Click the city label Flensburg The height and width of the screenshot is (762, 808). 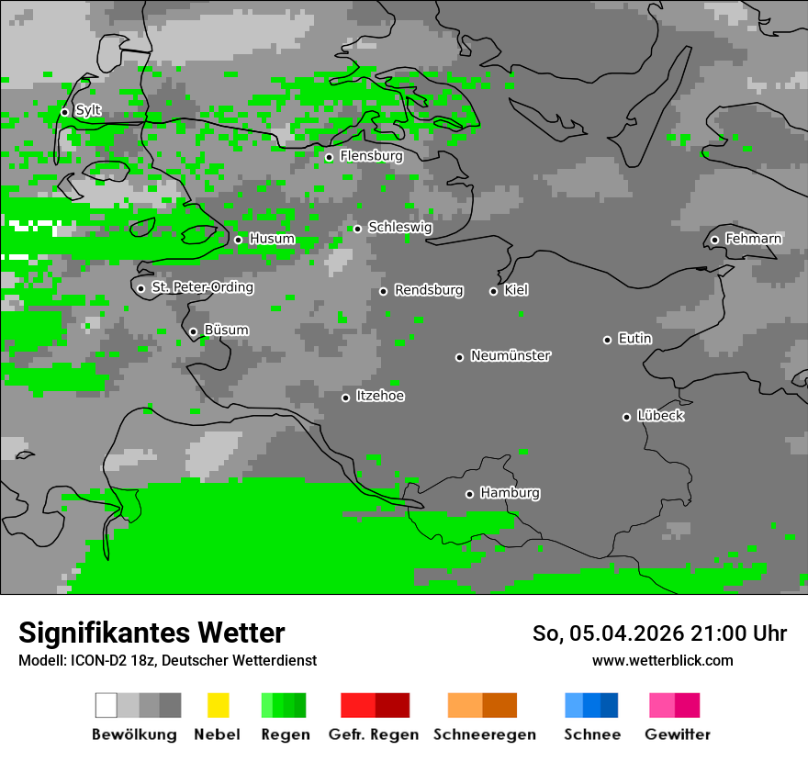tap(371, 156)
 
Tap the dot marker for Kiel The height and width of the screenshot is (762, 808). tap(493, 291)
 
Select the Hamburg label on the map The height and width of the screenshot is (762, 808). tap(510, 493)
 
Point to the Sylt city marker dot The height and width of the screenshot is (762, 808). tap(64, 112)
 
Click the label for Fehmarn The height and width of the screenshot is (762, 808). tap(753, 239)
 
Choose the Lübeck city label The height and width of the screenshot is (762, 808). tap(660, 416)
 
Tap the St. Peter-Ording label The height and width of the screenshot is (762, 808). tap(202, 287)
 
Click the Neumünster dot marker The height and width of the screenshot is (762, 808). tap(459, 357)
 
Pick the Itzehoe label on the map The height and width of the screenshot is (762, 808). tap(380, 396)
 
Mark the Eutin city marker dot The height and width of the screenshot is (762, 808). tap(607, 340)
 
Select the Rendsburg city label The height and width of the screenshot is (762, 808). tap(429, 290)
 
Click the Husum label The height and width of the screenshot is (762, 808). tap(272, 239)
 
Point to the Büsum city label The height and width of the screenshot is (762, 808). tap(226, 331)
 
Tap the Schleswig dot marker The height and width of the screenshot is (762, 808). tap(357, 229)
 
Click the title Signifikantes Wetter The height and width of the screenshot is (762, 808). tap(151, 633)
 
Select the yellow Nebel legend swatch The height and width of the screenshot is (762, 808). tap(218, 705)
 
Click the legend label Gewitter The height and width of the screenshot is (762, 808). tap(678, 734)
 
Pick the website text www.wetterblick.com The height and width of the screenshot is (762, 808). tap(662, 660)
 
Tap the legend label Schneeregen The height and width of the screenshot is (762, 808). tap(484, 734)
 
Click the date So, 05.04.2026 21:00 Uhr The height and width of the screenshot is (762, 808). tap(659, 633)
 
